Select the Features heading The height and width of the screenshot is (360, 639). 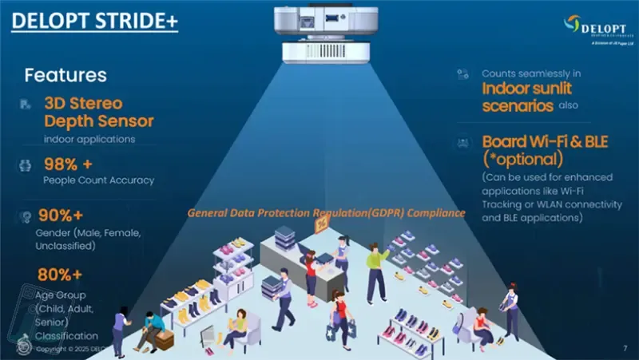point(65,76)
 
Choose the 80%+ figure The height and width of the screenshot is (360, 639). point(61,275)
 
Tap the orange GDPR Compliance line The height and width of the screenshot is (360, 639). point(326,213)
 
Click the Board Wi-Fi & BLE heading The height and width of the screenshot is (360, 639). point(546,142)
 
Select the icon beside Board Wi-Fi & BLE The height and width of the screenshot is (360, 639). point(462,144)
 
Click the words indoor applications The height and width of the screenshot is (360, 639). point(89,139)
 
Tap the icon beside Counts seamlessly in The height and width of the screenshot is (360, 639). point(462,74)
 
